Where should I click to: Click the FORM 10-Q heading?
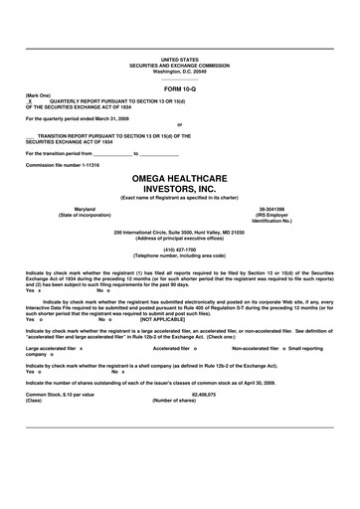(x=179, y=88)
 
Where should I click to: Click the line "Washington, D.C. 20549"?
(x=179, y=72)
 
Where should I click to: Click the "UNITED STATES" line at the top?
(x=179, y=60)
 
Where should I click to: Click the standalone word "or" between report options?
(x=179, y=125)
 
